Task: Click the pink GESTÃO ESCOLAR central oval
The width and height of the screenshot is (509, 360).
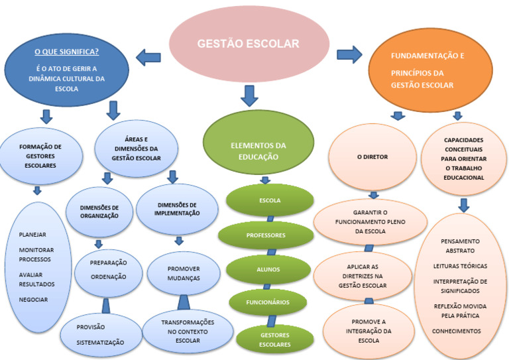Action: [248, 44]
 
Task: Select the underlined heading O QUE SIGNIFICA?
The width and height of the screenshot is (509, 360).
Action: [66, 50]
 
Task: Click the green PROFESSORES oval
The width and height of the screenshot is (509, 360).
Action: [266, 235]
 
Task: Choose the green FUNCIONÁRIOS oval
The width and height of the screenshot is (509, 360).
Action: [268, 302]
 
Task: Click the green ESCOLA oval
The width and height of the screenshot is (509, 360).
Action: [269, 200]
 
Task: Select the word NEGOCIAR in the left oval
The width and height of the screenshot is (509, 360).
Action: [33, 300]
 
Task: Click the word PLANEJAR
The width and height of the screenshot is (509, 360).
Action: [33, 234]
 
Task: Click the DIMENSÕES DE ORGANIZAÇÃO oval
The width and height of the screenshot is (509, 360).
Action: [99, 211]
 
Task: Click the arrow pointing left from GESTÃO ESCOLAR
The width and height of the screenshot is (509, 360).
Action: [148, 58]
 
